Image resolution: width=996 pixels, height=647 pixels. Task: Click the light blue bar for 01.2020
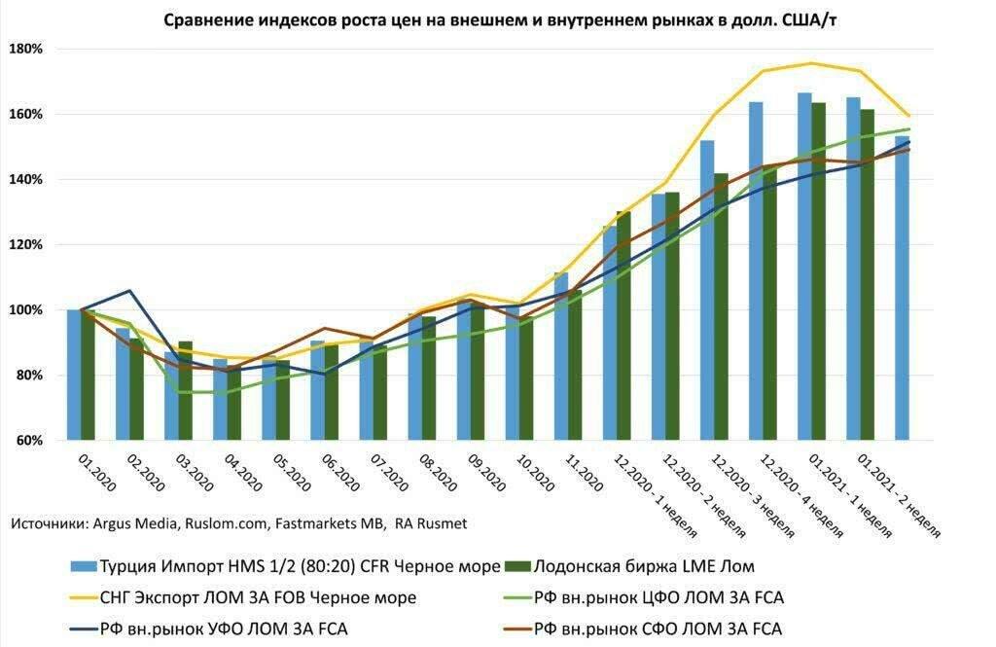(74, 375)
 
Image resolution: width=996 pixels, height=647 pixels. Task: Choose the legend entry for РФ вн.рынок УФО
(223, 629)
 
